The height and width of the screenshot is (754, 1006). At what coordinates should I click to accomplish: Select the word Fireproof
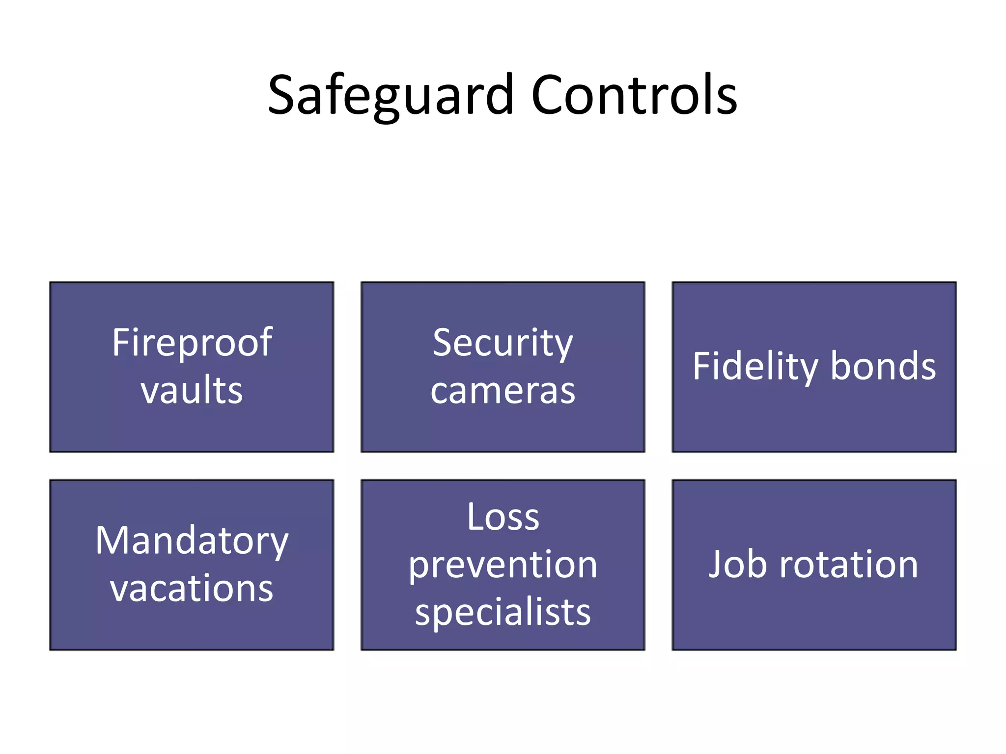(192, 343)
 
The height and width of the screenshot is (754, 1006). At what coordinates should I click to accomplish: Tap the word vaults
(192, 390)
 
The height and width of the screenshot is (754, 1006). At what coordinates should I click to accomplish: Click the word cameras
(503, 391)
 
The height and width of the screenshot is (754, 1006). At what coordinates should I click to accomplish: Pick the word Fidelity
(755, 367)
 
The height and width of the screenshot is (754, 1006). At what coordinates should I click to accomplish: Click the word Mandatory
(192, 541)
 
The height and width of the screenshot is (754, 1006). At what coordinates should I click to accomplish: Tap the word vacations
(192, 588)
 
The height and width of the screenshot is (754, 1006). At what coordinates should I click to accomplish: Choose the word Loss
(503, 517)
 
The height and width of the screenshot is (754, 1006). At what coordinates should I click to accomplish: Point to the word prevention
(503, 565)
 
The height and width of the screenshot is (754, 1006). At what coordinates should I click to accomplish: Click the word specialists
(503, 613)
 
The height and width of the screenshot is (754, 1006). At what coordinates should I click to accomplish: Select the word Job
(737, 565)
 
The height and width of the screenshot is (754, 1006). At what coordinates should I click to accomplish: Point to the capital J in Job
(716, 565)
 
